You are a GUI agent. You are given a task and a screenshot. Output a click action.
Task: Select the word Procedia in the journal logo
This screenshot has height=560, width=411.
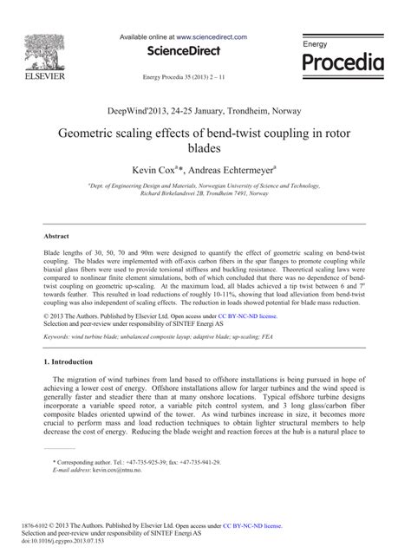point(342,62)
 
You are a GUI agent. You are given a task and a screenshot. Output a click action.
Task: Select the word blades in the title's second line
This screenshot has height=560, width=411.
point(206,151)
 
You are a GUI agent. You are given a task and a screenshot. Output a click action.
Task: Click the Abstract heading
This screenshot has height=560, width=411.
point(57,235)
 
